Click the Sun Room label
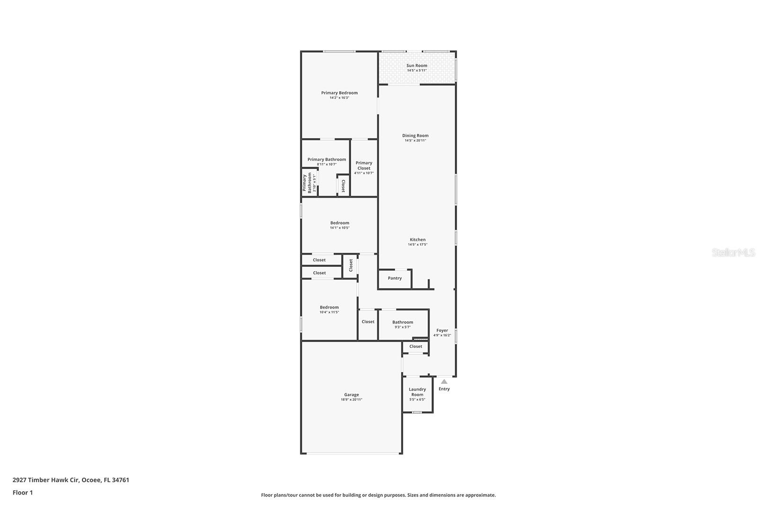click(417, 66)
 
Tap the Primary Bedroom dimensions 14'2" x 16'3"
click(339, 98)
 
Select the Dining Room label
click(415, 136)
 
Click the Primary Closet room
click(364, 168)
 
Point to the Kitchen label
click(417, 240)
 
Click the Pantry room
click(395, 278)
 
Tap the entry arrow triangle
click(444, 381)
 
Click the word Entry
click(444, 389)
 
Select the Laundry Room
click(417, 394)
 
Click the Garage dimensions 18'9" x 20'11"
click(352, 399)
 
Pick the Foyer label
click(442, 331)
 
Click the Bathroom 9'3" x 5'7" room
click(403, 324)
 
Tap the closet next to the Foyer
click(416, 346)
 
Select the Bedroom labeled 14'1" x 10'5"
click(340, 225)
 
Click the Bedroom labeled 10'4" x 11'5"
click(329, 310)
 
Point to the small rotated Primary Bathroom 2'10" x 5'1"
click(309, 183)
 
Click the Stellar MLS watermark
click(733, 253)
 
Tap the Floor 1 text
click(23, 493)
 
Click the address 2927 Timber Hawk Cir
click(45, 480)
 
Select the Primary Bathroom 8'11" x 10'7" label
click(326, 159)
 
